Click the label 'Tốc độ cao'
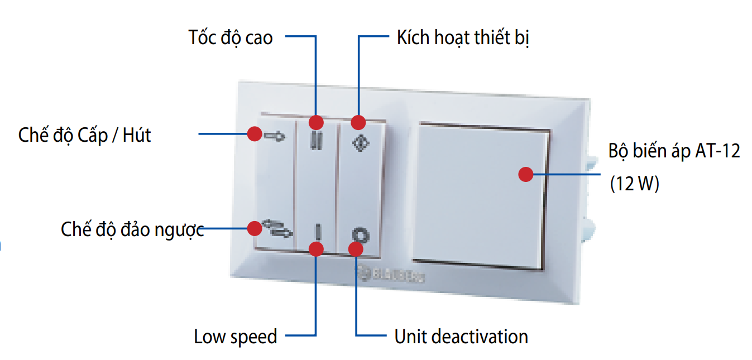231,37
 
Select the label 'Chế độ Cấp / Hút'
84,135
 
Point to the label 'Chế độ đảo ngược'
132,229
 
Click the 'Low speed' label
235,337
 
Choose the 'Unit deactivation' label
461,337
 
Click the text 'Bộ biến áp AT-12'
674,151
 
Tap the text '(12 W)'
635,184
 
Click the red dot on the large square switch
525,175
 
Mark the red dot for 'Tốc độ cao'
316,122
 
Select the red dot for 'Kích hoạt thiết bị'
358,122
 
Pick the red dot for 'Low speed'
316,249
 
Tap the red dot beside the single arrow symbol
255,134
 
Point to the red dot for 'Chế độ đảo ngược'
255,228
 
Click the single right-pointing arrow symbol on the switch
275,136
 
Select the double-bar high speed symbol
316,140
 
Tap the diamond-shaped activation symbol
361,142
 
